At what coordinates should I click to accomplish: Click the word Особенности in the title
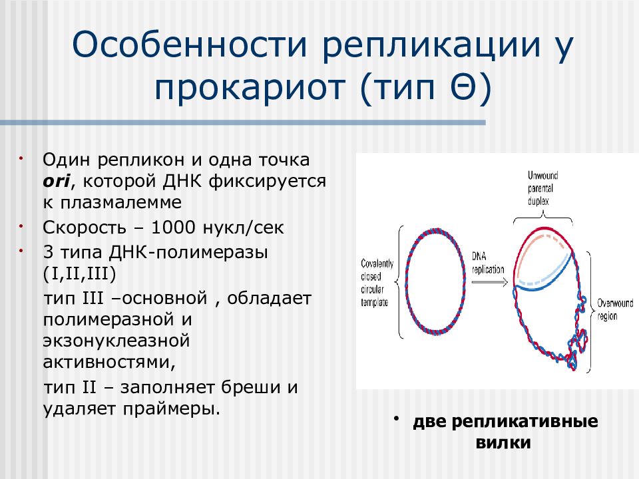pos(189,44)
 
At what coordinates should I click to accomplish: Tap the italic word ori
pos(56,181)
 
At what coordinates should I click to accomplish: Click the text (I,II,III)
pos(79,273)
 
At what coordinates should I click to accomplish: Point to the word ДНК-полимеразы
pos(188,253)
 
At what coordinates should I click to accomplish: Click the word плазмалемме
pos(121,202)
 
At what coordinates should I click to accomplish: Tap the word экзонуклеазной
pos(116,341)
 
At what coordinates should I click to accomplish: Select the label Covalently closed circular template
pos(377,283)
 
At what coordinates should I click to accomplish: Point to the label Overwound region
pos(615,309)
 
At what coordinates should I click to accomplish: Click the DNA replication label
pos(488,263)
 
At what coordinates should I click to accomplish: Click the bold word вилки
pos(503,442)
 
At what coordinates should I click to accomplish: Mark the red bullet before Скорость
pos(21,226)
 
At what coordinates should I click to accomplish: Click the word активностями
pos(109,362)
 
